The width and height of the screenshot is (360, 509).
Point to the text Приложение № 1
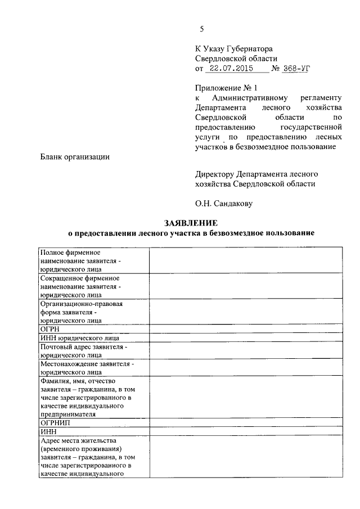pos(226,88)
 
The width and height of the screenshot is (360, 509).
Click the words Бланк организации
pos(75,157)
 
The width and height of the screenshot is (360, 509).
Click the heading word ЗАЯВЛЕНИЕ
pos(191,223)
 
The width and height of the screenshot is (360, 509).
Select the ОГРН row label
pos(50,329)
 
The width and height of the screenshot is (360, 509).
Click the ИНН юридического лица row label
pos(75,338)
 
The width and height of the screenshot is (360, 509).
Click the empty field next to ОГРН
pos(245,329)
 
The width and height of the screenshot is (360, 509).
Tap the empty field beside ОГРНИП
pos(245,421)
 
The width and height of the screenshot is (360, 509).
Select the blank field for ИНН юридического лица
pos(245,338)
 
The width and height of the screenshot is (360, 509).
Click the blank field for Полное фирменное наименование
pos(245,260)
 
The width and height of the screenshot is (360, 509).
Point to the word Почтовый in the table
pos(56,347)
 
